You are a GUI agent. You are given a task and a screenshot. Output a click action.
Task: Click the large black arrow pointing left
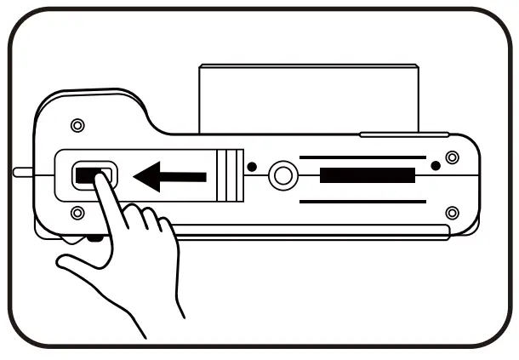tap(170, 177)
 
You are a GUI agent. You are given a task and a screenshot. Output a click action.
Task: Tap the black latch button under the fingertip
tap(86, 175)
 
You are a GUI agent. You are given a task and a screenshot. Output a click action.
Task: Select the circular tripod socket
tap(282, 176)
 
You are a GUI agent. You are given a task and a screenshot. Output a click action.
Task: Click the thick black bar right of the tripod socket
tap(367, 177)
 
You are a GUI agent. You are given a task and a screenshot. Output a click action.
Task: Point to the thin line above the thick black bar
tap(362, 157)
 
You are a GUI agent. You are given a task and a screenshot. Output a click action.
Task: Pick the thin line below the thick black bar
tap(362, 201)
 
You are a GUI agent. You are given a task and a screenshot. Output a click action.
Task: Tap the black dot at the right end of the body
tap(436, 164)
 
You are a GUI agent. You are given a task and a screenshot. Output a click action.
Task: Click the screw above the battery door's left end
tap(77, 126)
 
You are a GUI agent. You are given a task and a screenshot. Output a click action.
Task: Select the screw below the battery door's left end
tap(77, 212)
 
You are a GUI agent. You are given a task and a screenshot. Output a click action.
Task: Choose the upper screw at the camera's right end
tap(452, 156)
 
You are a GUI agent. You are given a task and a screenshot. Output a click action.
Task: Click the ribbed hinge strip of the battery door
tap(225, 176)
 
